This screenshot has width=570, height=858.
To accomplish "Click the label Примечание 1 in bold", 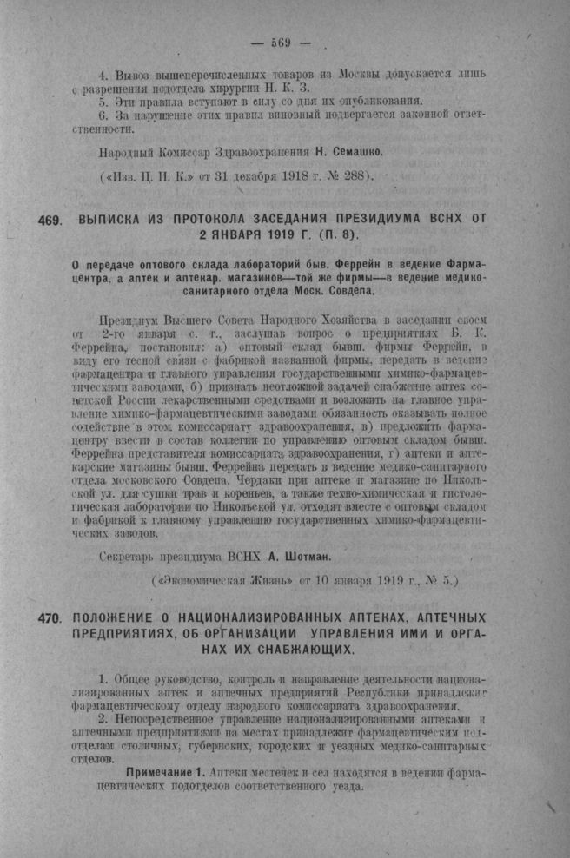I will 167,772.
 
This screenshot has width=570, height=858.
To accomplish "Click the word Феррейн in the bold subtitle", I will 390,262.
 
